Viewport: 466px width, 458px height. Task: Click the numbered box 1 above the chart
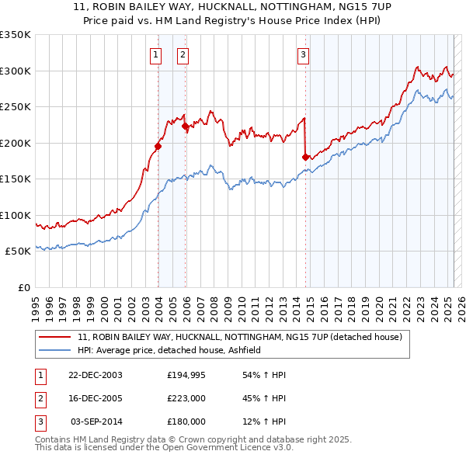pyautogui.click(x=156, y=54)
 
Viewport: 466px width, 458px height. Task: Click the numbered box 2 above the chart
pyautogui.click(x=183, y=54)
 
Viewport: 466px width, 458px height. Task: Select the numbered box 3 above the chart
pyautogui.click(x=303, y=54)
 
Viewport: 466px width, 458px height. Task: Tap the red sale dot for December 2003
pyautogui.click(x=158, y=146)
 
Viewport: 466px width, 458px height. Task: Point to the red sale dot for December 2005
pyautogui.click(x=185, y=126)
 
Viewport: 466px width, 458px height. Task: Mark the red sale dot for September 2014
pyautogui.click(x=305, y=157)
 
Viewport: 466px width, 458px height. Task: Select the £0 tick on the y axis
pyautogui.click(x=23, y=287)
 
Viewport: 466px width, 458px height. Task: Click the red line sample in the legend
pyautogui.click(x=54, y=338)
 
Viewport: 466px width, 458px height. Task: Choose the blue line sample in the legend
pyautogui.click(x=54, y=351)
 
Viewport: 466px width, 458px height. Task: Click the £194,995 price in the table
pyautogui.click(x=186, y=375)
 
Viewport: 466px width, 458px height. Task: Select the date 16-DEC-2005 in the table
pyautogui.click(x=94, y=398)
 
